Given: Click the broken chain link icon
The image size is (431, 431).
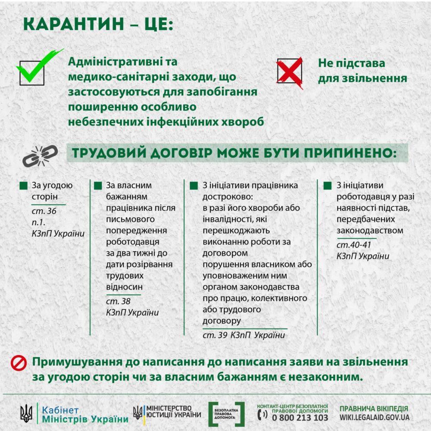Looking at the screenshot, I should click(x=40, y=156).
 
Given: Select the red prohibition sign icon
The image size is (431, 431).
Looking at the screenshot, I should click(x=18, y=363).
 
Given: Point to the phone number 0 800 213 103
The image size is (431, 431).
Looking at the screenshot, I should click(x=300, y=418).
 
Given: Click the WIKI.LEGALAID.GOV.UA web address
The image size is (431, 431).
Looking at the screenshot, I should click(x=374, y=418).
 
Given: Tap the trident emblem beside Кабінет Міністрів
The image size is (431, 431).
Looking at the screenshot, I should click(x=26, y=414).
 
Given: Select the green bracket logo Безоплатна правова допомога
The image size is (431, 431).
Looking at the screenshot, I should click(x=227, y=414).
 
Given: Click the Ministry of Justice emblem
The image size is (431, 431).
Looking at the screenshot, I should click(x=138, y=412).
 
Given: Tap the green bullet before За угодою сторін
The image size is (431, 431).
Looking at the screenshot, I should click(x=24, y=186).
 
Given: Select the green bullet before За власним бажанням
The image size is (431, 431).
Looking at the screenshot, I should click(x=98, y=186).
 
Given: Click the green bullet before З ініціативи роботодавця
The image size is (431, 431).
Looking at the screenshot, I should click(x=328, y=186).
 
